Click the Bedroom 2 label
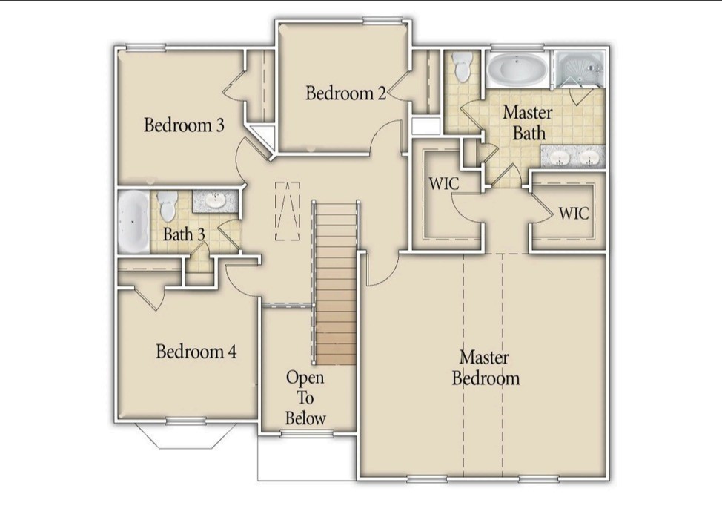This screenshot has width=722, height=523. coord(346,93)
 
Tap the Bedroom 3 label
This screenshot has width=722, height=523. coord(184,125)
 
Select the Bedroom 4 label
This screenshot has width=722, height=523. coord(196,352)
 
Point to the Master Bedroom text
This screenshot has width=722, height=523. coord(486,368)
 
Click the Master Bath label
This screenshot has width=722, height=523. coord(528,122)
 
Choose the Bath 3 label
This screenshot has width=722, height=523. coord(184,234)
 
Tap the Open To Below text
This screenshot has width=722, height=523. coord(305,398)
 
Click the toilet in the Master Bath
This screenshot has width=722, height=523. coord(461,66)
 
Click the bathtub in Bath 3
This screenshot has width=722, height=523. coord(133,222)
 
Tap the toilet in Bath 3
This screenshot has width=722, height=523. coord(167,205)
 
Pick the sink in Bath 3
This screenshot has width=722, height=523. coord(215,201)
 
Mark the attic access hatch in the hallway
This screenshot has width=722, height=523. coord(288,211)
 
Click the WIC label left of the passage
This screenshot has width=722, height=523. coord(444,184)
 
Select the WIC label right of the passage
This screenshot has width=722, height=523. coord(574,214)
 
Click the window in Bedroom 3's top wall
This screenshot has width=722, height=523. coord(145,47)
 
